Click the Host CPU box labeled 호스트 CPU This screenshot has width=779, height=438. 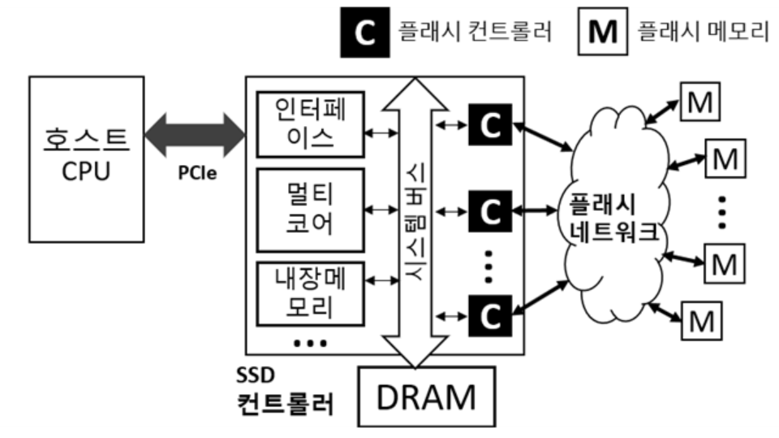pos(86,158)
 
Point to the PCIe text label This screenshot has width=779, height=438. pos(197,173)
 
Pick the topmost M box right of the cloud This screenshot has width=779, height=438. pos(699,102)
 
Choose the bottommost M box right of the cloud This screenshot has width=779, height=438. pos(699,320)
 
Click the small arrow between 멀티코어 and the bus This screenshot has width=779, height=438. pos(381,210)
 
